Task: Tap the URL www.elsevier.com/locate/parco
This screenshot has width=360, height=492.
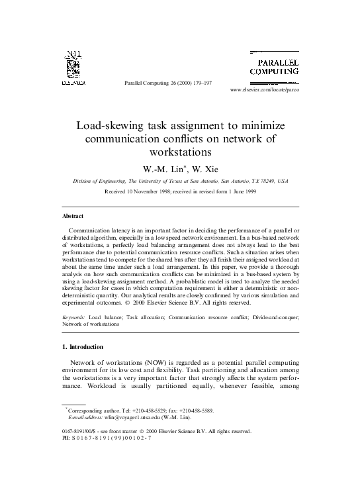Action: pos(264,89)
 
